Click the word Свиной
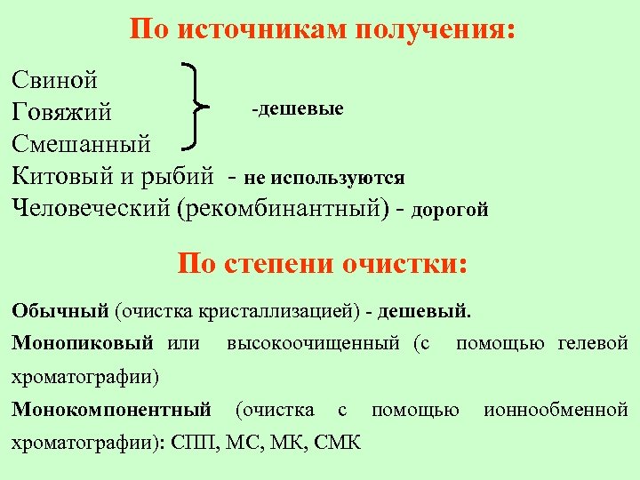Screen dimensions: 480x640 (55, 80)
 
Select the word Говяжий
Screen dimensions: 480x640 (62, 113)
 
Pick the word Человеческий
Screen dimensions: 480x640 (92, 208)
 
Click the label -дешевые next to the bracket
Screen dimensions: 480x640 (297, 108)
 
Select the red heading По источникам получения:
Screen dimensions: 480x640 (321, 30)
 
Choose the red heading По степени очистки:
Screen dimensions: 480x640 (321, 263)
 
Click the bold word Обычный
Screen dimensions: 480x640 (60, 312)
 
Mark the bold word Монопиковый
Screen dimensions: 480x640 (83, 343)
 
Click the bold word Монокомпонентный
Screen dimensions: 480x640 (111, 410)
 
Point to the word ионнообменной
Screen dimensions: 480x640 (556, 410)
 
